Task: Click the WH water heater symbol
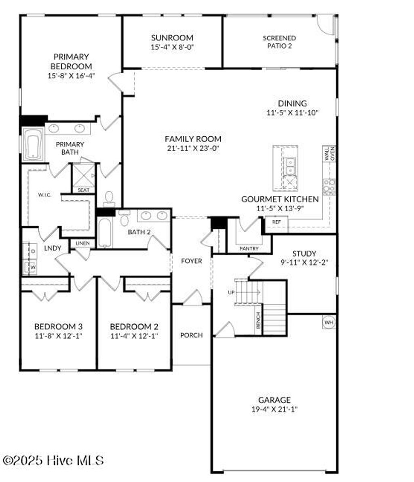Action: click(x=328, y=322)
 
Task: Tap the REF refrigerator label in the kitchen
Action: click(x=277, y=222)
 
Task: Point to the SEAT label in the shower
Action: click(x=84, y=190)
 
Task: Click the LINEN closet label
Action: click(x=82, y=243)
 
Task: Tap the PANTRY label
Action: click(x=249, y=248)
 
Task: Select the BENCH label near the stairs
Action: click(x=258, y=320)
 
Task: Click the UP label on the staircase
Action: click(x=231, y=292)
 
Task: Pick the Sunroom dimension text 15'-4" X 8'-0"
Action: click(x=172, y=47)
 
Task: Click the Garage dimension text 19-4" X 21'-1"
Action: click(x=275, y=409)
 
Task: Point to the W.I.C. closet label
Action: click(x=44, y=195)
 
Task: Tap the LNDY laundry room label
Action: click(x=53, y=248)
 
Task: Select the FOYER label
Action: click(x=191, y=261)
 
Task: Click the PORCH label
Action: click(x=191, y=335)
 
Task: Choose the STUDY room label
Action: click(x=304, y=254)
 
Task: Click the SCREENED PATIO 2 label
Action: click(x=279, y=42)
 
